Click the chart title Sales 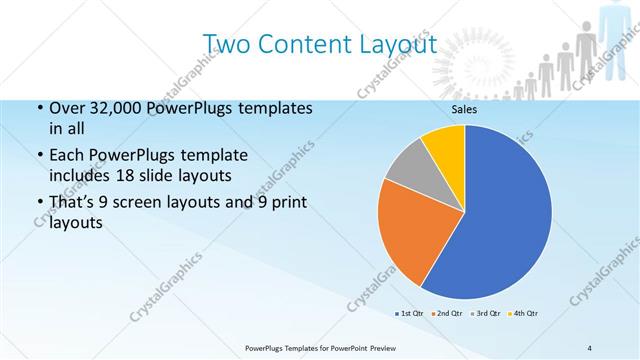point(464,110)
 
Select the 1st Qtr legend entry point(409,313)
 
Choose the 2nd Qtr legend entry point(447,313)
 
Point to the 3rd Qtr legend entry point(486,313)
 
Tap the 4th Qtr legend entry point(524,313)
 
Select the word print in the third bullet point(286,202)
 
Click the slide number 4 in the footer point(589,346)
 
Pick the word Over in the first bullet point(67,108)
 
